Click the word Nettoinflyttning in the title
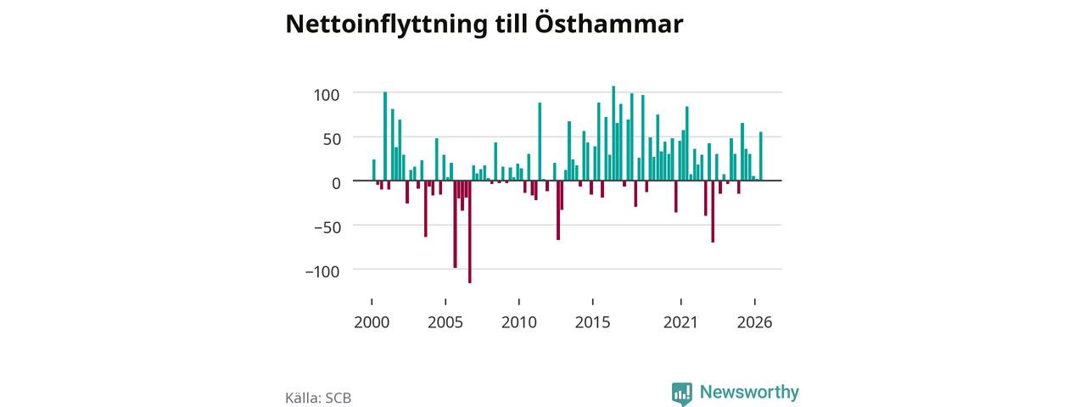point(386,25)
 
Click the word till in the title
point(511,23)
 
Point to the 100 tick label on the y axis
point(327,95)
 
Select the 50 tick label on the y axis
point(332,139)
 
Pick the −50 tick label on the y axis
point(327,227)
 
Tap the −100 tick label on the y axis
point(322,271)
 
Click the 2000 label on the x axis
point(372,322)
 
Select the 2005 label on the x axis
point(445,322)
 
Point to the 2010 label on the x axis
point(519,322)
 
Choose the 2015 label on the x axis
point(592,322)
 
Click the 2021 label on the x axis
point(680,322)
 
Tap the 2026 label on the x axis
point(755,322)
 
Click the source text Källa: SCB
point(318,398)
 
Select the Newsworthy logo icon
point(682,393)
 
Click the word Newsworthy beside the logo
point(749,392)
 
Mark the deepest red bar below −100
point(470,231)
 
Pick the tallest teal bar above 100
point(613,133)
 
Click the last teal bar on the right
point(761,156)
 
